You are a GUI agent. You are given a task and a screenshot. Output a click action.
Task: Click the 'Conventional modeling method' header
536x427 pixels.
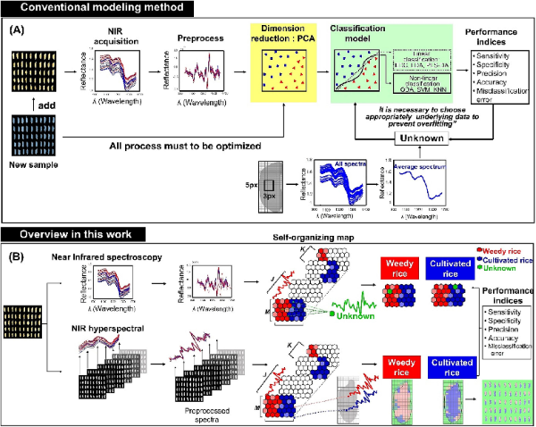coord(99,7)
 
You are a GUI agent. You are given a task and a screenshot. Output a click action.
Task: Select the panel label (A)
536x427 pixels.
coord(17,29)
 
